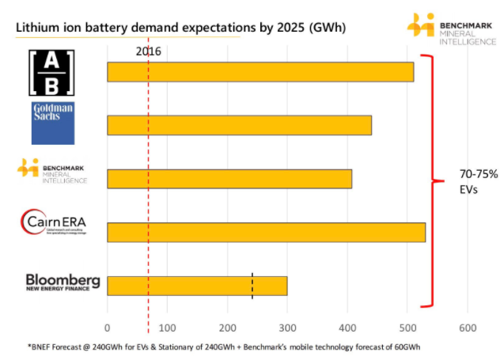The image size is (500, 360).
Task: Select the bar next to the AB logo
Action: (x=260, y=72)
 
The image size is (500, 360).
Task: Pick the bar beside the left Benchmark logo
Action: (x=229, y=179)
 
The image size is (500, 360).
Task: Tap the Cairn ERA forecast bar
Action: (x=266, y=232)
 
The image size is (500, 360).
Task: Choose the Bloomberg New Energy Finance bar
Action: (x=197, y=286)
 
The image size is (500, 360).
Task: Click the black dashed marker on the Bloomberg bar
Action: (x=252, y=286)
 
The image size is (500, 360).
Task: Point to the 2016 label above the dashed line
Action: (x=149, y=51)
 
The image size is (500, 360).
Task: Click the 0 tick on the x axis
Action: (x=108, y=328)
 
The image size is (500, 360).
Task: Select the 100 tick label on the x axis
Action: (x=167, y=328)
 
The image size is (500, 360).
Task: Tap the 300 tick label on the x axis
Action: (x=287, y=328)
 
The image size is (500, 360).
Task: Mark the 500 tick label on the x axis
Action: (x=407, y=328)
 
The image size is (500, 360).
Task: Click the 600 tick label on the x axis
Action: (x=467, y=328)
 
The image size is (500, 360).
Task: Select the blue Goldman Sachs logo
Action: (x=53, y=123)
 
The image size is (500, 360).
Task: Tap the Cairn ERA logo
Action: (x=54, y=222)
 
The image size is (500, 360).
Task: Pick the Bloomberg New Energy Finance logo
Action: (x=62, y=282)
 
